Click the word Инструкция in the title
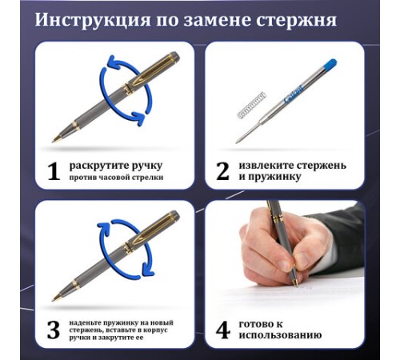(93, 20)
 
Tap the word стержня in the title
(296, 20)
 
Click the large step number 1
(54, 171)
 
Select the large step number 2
(222, 171)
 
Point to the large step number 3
(54, 330)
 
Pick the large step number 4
(223, 330)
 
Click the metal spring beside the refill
(252, 106)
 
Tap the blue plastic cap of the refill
(330, 64)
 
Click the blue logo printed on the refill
(294, 94)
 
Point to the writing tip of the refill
(237, 142)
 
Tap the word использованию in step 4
(280, 335)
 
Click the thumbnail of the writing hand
(285, 274)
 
